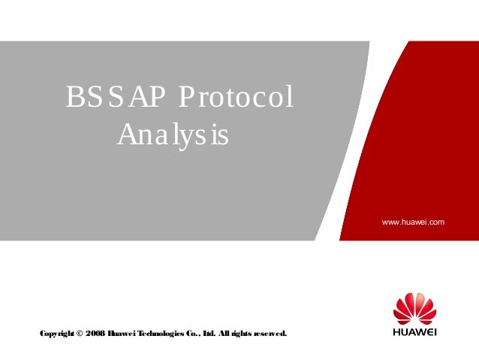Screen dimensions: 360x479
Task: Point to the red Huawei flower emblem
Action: coord(414,309)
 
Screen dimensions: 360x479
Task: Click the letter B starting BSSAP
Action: coord(73,98)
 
